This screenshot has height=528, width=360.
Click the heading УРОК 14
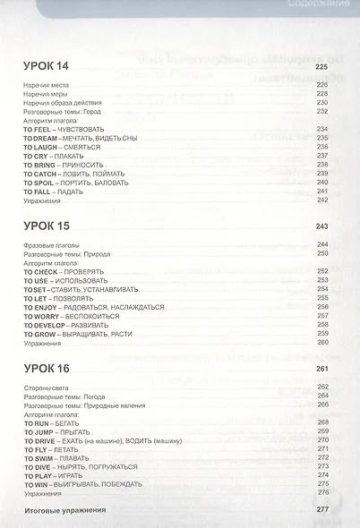click(x=48, y=68)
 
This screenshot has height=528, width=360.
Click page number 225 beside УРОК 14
click(x=322, y=68)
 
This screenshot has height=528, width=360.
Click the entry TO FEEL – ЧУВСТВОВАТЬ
click(x=64, y=130)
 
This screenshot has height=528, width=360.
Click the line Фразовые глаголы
click(x=53, y=244)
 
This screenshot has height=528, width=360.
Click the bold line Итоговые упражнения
click(x=66, y=510)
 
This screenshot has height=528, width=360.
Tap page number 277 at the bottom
click(x=322, y=510)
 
